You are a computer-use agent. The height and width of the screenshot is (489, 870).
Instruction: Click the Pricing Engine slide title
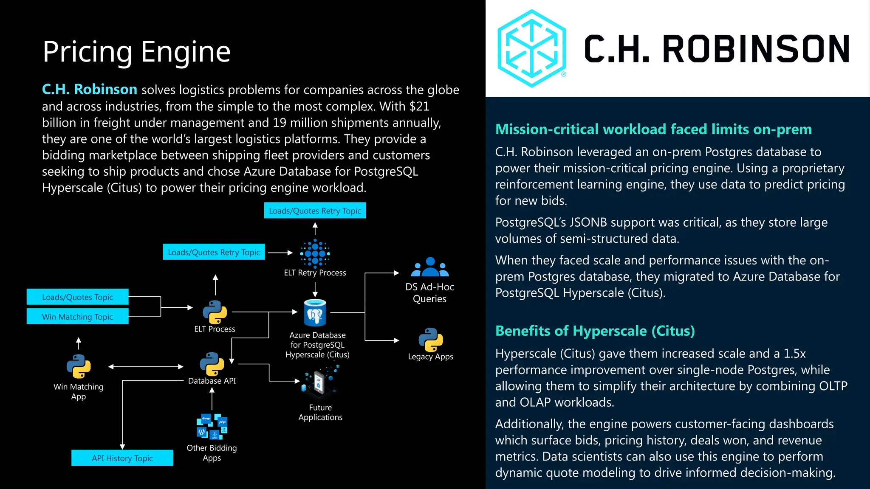(136, 52)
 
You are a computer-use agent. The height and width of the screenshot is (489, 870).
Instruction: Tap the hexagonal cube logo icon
(531, 49)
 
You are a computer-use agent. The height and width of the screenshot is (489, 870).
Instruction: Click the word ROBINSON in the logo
(755, 49)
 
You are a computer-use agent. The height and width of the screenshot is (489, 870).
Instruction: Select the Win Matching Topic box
(77, 317)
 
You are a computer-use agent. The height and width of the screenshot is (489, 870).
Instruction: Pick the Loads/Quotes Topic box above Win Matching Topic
(77, 297)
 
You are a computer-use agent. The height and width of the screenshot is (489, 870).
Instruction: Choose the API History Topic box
(122, 458)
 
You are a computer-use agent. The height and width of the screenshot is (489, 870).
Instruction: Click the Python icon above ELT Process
(215, 312)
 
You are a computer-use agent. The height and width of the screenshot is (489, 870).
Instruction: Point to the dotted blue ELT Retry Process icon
(315, 253)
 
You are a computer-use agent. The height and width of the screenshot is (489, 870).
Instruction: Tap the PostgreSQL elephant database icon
(315, 313)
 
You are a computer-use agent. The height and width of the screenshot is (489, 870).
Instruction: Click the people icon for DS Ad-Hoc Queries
(430, 267)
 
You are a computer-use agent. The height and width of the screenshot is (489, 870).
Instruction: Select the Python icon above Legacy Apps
(431, 340)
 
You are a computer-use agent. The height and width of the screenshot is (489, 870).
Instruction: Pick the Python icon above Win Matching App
(79, 366)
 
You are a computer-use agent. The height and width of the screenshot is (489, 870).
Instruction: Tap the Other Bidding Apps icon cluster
(212, 427)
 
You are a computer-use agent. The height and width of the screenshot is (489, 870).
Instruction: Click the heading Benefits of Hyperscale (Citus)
(595, 331)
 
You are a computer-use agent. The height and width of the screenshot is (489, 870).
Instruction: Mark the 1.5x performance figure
(794, 354)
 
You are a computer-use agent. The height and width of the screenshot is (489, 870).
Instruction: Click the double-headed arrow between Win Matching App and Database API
(146, 366)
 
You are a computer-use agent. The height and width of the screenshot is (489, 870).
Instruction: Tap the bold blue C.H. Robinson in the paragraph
(90, 90)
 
